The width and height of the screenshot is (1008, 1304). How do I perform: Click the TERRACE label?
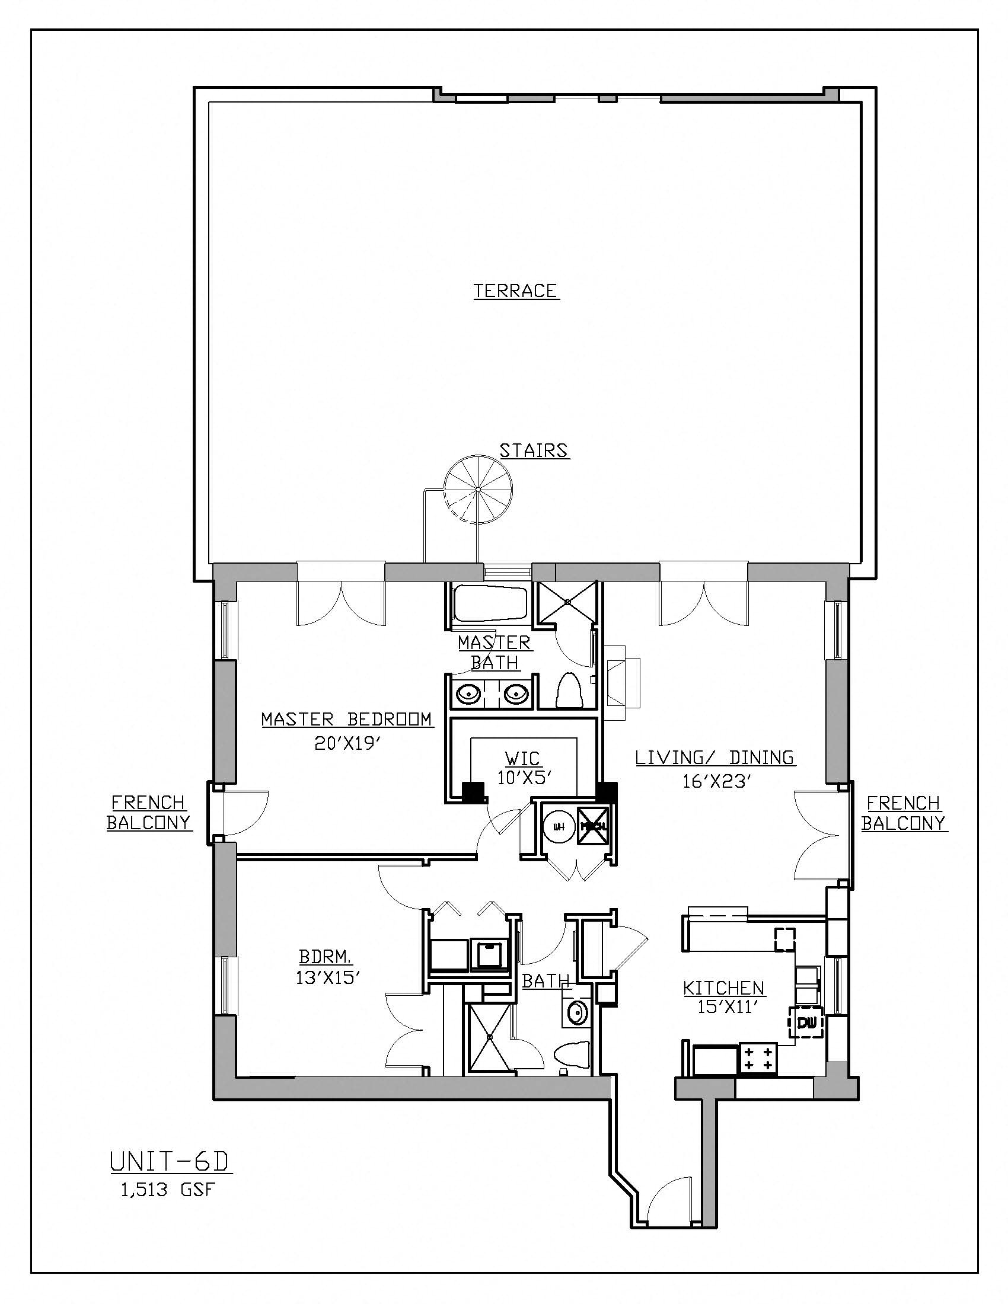click(x=516, y=291)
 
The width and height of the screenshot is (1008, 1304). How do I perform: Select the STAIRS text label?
click(x=534, y=451)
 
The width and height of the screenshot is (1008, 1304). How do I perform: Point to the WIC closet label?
click(x=522, y=758)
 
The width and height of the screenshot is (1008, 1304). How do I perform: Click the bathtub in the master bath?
click(x=489, y=604)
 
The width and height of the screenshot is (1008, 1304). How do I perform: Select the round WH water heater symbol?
click(x=559, y=827)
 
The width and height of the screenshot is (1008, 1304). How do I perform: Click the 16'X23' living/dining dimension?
click(x=715, y=781)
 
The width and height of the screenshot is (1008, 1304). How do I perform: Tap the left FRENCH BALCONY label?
click(x=149, y=813)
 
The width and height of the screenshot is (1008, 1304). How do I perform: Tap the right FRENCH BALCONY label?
click(x=904, y=813)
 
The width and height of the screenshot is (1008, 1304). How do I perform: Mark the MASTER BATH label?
click(x=495, y=652)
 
